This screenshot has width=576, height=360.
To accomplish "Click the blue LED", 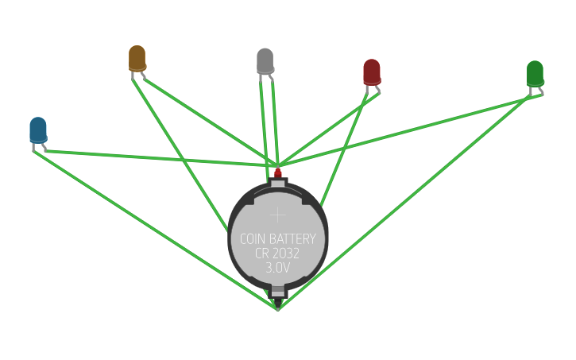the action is pyautogui.click(x=38, y=130).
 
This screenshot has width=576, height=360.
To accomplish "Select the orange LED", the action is pyautogui.click(x=137, y=57).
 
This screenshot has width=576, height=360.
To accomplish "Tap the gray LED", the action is pyautogui.click(x=265, y=60).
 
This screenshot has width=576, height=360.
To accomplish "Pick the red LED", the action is pyautogui.click(x=372, y=72).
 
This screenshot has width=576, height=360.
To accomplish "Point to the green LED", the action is pyautogui.click(x=535, y=73).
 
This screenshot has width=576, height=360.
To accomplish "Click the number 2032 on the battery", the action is pyautogui.click(x=288, y=254).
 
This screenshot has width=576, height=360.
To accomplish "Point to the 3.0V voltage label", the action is pyautogui.click(x=278, y=269).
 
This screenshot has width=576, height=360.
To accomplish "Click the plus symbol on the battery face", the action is pyautogui.click(x=278, y=214).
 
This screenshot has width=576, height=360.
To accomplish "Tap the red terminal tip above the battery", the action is pyautogui.click(x=278, y=172).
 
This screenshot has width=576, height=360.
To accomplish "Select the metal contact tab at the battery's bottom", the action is pyautogui.click(x=278, y=292).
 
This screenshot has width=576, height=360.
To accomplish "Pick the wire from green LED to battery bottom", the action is pyautogui.click(x=405, y=202).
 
